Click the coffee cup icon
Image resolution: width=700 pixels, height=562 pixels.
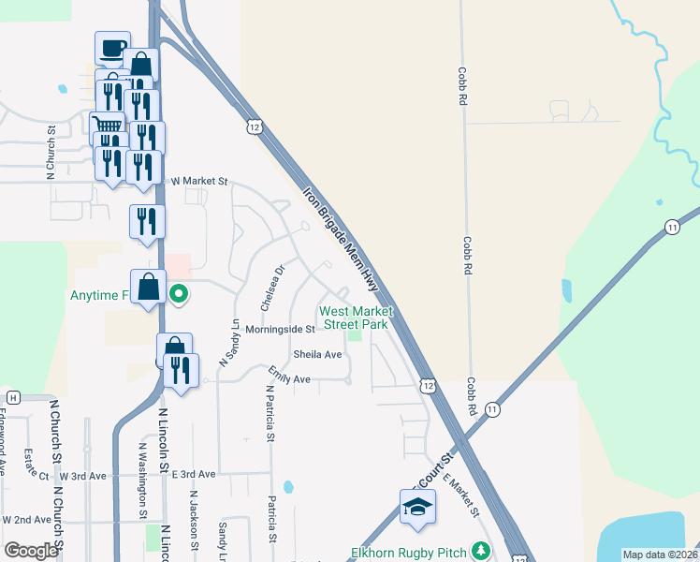coord(112,48)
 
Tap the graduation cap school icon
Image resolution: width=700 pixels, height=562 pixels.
coord(416,509)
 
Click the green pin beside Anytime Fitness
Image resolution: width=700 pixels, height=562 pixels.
coord(179,294)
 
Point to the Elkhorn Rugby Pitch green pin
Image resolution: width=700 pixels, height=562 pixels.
coord(481,551)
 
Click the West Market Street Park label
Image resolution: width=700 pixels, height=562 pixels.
coord(354,318)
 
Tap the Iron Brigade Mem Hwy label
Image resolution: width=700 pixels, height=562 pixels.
coord(342,240)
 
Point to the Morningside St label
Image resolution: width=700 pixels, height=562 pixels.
coord(280,330)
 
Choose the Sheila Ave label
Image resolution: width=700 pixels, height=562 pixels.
coord(317,355)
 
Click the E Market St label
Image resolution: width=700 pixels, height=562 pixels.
coord(460,496)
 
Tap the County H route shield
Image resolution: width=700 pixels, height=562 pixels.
coord(13,397)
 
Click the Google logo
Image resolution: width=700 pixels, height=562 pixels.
coord(31,551)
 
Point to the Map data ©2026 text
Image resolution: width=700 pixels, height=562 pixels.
coord(659,555)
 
